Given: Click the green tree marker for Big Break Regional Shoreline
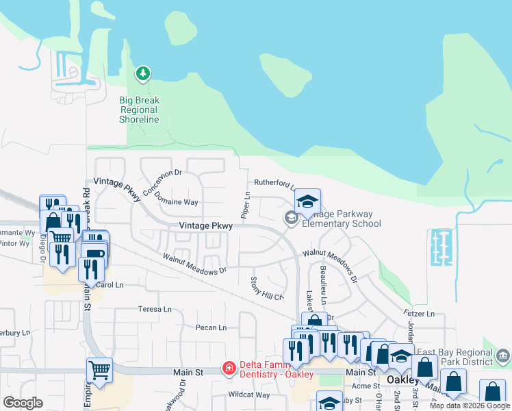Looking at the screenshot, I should click(143, 73).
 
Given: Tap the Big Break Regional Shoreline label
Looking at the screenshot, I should click(139, 110).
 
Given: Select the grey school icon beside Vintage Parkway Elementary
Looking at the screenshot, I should click(291, 218).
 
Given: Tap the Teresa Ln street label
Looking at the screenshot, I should click(155, 309).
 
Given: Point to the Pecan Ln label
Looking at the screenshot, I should click(211, 327).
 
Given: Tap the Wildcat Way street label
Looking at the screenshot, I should click(248, 395).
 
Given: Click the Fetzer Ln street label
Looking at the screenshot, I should click(420, 313).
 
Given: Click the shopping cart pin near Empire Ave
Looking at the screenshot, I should click(100, 370).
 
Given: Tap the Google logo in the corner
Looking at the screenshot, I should click(23, 403).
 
